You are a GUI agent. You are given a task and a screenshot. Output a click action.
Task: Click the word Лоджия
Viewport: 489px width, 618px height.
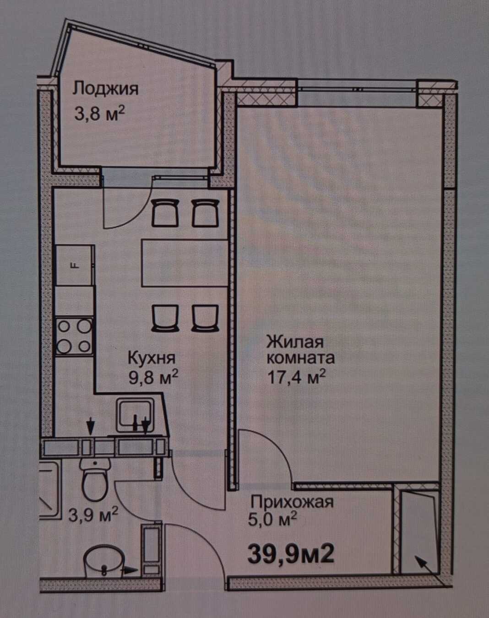click(105, 88)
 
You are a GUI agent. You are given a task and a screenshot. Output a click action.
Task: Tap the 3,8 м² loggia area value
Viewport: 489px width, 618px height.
click(100, 113)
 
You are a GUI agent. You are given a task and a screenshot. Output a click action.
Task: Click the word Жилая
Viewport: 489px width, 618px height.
click(295, 342)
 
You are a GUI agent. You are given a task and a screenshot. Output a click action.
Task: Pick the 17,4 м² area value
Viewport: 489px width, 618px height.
click(297, 376)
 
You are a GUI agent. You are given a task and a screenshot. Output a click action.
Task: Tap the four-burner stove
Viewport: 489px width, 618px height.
click(74, 336)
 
